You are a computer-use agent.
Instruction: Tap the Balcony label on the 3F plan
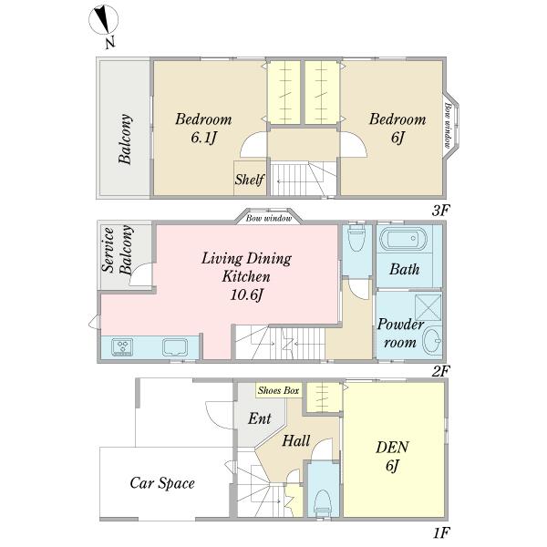(x=125, y=139)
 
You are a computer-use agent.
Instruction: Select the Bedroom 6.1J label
(x=203, y=128)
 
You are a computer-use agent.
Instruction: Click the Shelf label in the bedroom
(x=250, y=180)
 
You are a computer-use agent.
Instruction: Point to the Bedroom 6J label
(x=397, y=128)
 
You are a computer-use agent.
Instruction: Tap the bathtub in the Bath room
(x=403, y=239)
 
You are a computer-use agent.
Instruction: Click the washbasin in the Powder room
(x=432, y=340)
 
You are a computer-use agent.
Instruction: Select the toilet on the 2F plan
(x=356, y=237)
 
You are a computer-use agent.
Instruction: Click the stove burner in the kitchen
(x=122, y=347)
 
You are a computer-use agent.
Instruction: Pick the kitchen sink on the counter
(x=175, y=347)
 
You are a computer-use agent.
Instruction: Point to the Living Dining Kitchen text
(x=247, y=267)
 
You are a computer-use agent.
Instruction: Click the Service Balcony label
(x=118, y=250)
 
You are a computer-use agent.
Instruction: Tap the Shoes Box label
(x=279, y=390)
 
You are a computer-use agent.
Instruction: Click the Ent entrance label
(x=260, y=418)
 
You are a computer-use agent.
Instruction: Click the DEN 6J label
(x=392, y=457)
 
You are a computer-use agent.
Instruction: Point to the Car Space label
(x=162, y=483)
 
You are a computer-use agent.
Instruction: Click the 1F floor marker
(x=441, y=533)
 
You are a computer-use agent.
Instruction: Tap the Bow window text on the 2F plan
(x=269, y=219)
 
